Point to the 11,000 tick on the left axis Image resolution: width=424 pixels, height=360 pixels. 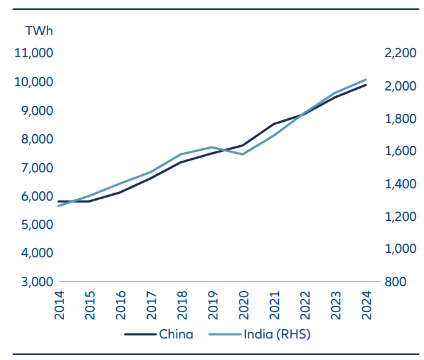pyautogui.click(x=34, y=54)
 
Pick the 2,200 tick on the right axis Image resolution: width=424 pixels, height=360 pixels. pyautogui.click(x=399, y=54)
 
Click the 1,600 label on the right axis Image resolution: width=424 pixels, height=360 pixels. pyautogui.click(x=399, y=151)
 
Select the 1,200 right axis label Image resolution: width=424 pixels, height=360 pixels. pyautogui.click(x=399, y=217)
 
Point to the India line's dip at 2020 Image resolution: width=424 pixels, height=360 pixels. pyautogui.click(x=242, y=154)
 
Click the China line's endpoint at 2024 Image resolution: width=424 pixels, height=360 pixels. pyautogui.click(x=366, y=85)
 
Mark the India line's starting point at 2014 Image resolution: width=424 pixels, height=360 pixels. pyautogui.click(x=59, y=206)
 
